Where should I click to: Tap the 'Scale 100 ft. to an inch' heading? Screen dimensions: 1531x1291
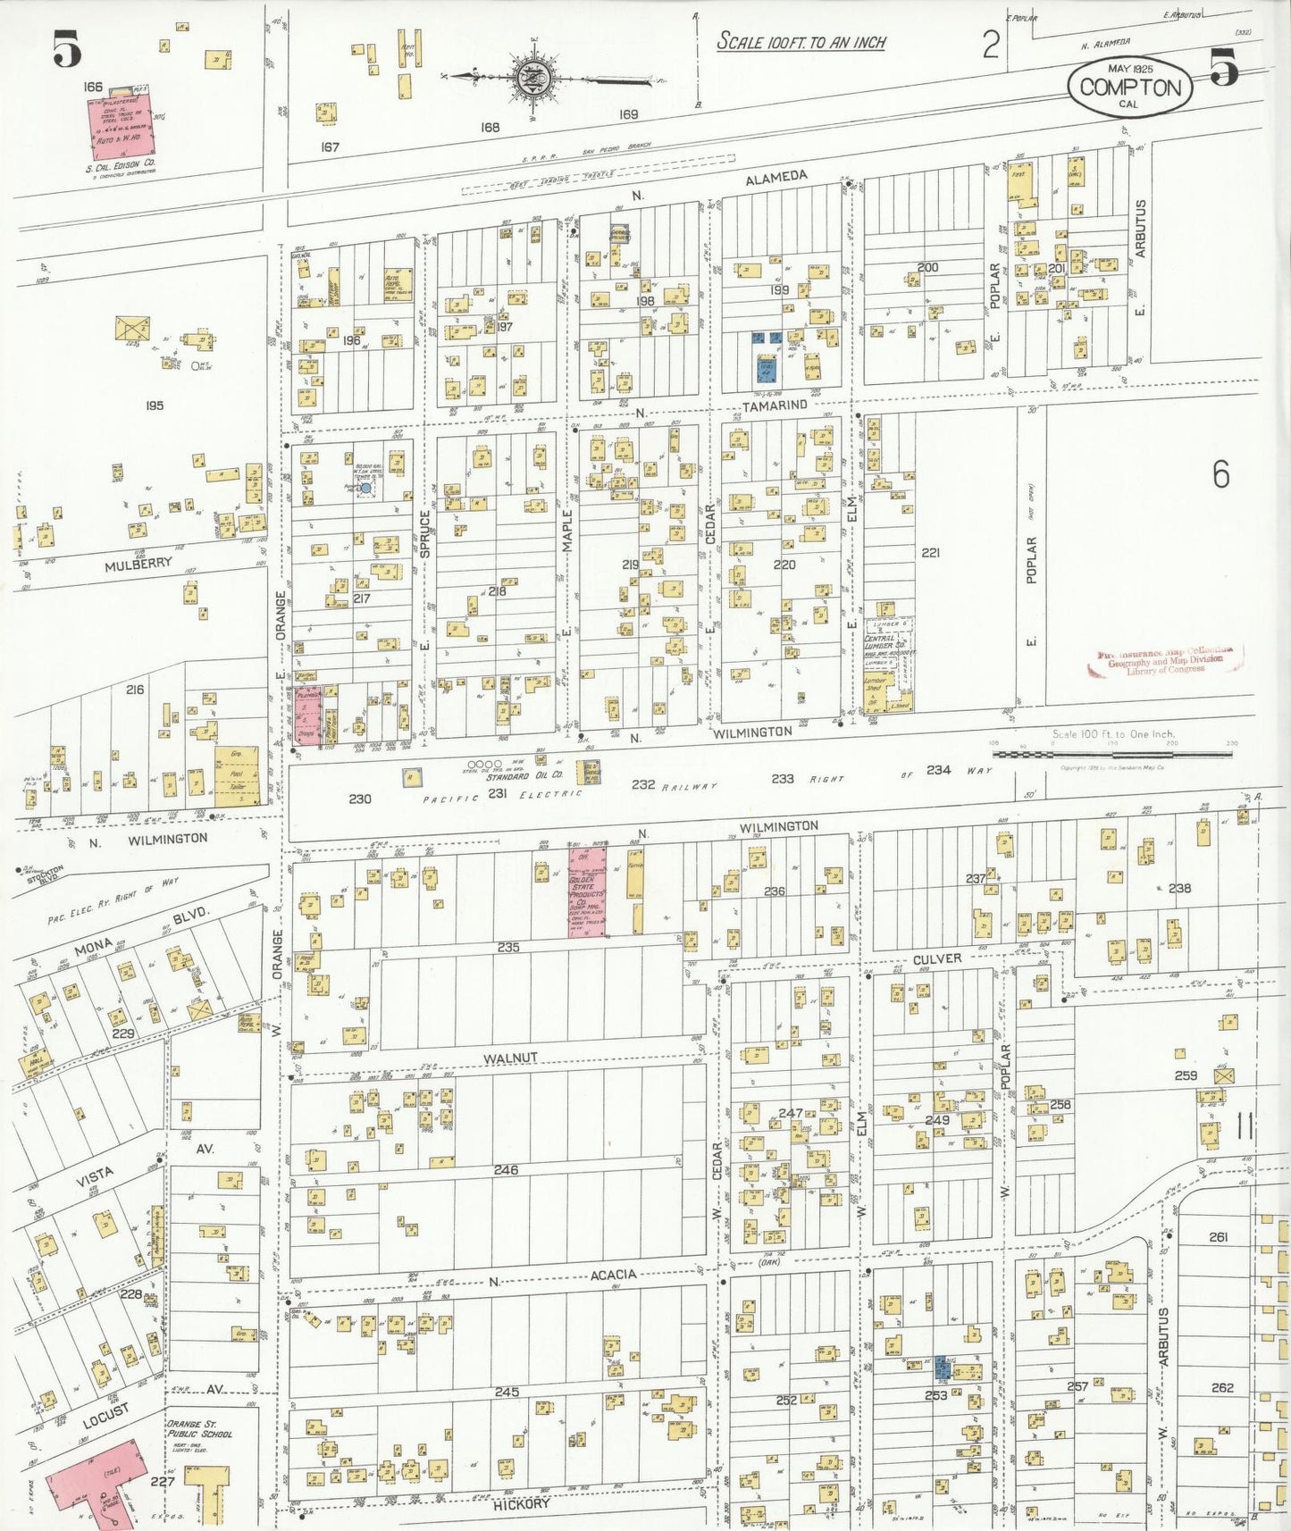(801, 42)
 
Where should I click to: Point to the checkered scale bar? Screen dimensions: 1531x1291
(1112, 755)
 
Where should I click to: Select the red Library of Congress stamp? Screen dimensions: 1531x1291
(1167, 661)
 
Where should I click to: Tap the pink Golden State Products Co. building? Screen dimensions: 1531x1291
(587, 891)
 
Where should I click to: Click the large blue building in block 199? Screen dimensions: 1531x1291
(766, 369)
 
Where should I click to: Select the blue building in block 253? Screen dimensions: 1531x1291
(941, 1366)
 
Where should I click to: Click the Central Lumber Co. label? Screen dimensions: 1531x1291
(884, 641)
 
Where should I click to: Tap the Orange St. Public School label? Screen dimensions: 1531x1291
(200, 1428)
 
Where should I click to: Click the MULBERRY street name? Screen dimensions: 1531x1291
(138, 565)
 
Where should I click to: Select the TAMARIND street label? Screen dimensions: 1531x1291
(775, 406)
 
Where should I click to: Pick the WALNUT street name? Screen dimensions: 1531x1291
(510, 1058)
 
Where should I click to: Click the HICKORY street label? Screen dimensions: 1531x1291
(522, 1504)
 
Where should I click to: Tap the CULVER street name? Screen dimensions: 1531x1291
(937, 958)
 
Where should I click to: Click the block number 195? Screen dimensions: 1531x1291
(154, 406)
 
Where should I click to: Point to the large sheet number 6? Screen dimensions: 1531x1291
(1220, 474)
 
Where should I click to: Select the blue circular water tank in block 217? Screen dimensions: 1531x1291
(365, 489)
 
